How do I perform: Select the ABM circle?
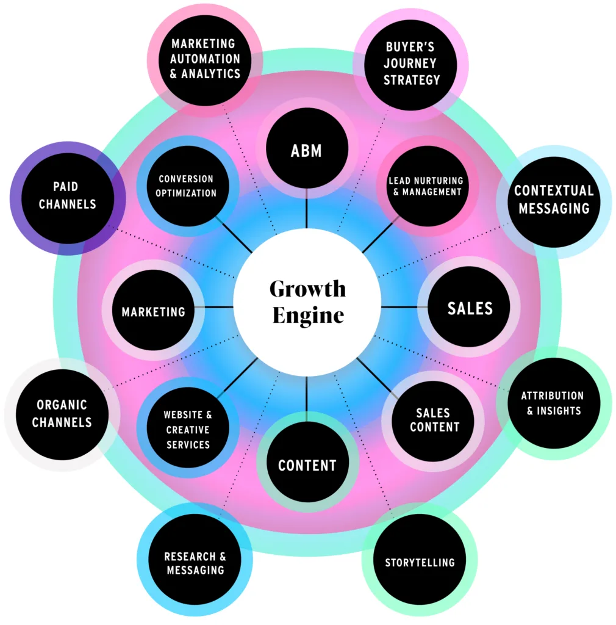point(307,150)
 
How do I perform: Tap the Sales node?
point(470,308)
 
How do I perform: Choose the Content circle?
point(307,465)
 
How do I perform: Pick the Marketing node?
point(153,311)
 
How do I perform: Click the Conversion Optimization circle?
point(187,186)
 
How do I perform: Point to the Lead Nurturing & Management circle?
point(426,186)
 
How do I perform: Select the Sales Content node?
point(434,421)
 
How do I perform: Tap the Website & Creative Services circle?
point(187,430)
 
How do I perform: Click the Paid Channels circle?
point(67,195)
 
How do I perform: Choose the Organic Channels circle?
point(62,413)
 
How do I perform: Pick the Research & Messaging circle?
point(194,563)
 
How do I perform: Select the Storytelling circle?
point(420,562)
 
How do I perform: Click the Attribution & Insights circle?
point(552,403)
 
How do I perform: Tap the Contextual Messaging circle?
point(552,199)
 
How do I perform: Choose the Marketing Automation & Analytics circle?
point(205,59)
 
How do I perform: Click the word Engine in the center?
point(308,316)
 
